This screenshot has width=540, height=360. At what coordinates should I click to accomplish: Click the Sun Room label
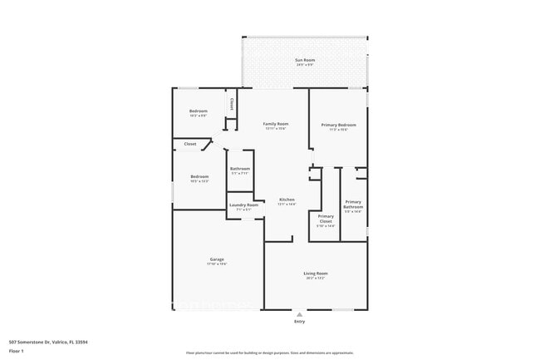point(304,61)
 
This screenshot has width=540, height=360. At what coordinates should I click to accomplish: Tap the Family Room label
point(276,124)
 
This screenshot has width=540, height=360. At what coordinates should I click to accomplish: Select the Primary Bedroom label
point(338,124)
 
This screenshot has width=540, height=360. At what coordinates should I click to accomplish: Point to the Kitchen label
point(287,200)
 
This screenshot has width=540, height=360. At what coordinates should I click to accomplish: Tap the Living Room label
point(315,273)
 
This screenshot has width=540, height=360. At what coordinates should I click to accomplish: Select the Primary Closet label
point(326,219)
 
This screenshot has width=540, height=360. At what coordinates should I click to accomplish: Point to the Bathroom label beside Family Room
point(240,169)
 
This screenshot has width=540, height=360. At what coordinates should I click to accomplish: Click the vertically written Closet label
point(231,104)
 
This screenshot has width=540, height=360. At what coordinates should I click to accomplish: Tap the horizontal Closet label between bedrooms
point(190,144)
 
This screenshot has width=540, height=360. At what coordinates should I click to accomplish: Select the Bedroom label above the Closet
point(198,111)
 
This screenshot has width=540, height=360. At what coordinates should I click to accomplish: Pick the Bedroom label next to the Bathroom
point(199,176)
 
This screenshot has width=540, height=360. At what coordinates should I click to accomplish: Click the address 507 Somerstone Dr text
point(48,342)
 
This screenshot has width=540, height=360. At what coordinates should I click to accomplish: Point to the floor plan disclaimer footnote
point(269,353)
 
